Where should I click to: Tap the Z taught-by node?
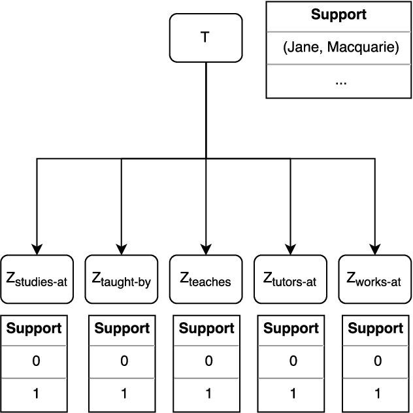pyautogui.click(x=122, y=279)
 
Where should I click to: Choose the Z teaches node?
pyautogui.click(x=206, y=279)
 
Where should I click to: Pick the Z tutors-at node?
pyautogui.click(x=290, y=279)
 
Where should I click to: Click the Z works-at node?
pyautogui.click(x=374, y=279)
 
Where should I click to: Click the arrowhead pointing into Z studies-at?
pyautogui.click(x=37, y=248)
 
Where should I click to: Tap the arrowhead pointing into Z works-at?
pyautogui.click(x=374, y=248)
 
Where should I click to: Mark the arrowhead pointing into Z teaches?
pyautogui.click(x=206, y=248)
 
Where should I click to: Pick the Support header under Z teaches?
pyautogui.click(x=206, y=329)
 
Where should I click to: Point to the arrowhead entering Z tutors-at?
pyautogui.click(x=290, y=248)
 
